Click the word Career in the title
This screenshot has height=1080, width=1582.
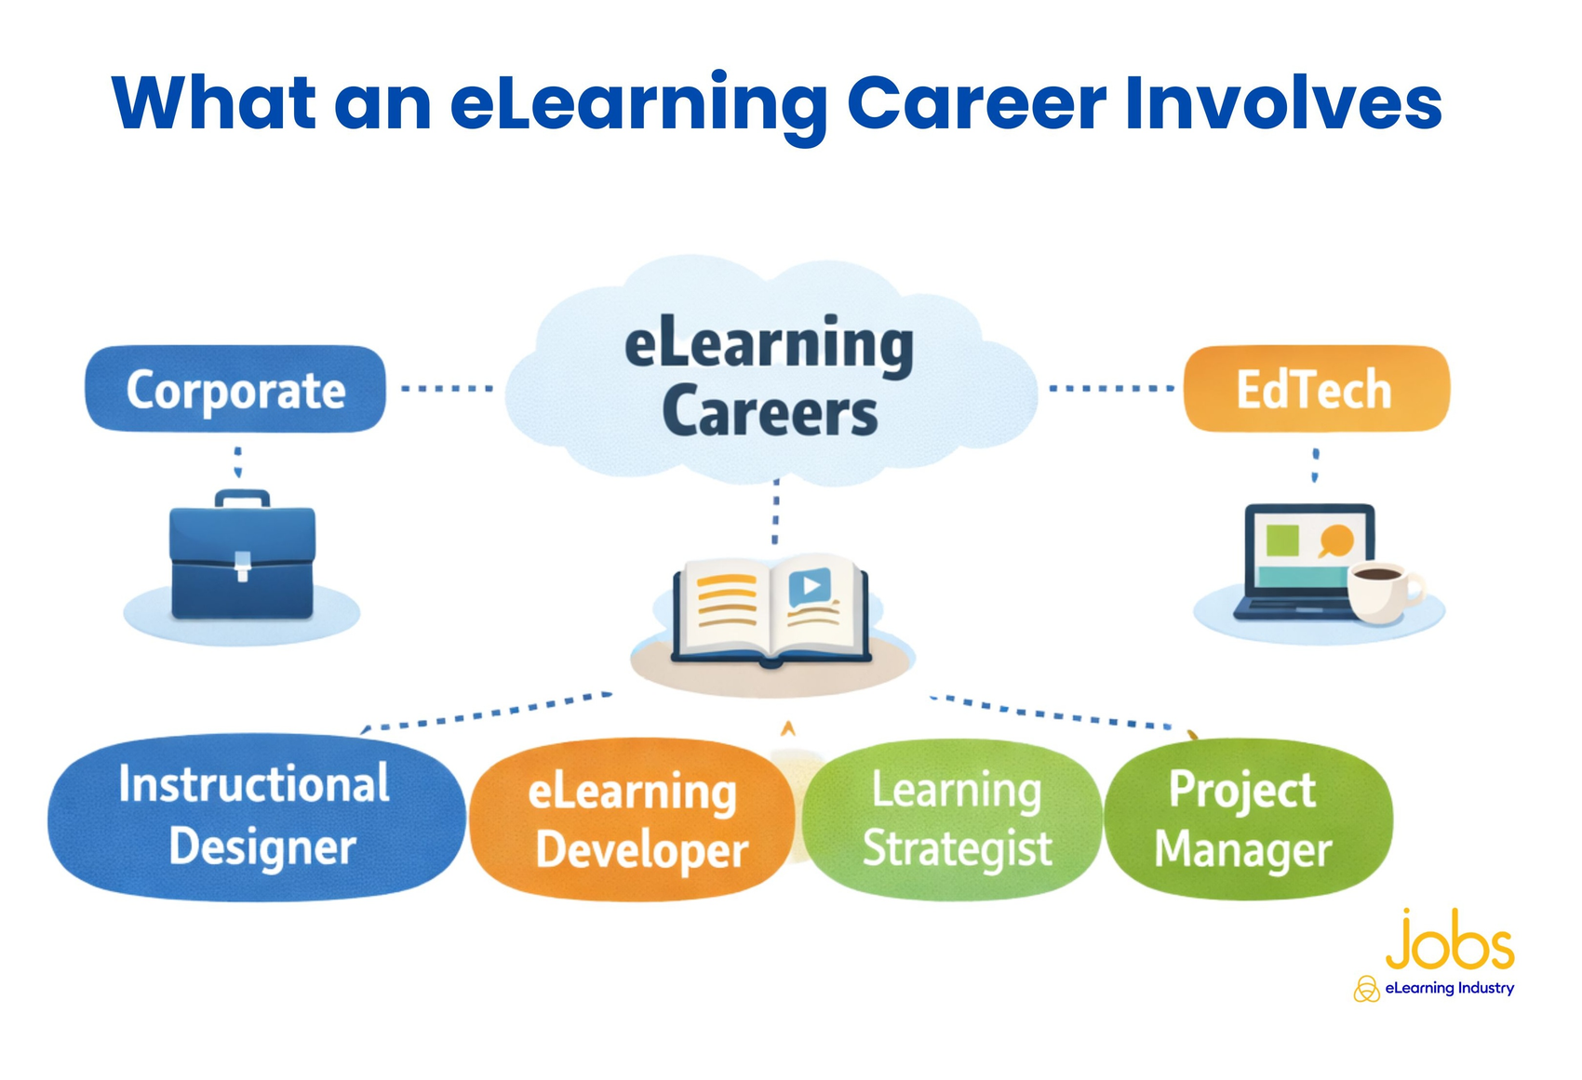click(x=977, y=103)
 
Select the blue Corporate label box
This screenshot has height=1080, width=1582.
click(x=235, y=388)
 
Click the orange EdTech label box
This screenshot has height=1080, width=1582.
click(x=1317, y=388)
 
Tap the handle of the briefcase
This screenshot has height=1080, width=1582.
click(x=242, y=499)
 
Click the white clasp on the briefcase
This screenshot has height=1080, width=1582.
click(x=243, y=566)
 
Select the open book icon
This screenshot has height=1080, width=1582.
click(x=771, y=610)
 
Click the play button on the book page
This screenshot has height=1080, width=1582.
click(x=810, y=587)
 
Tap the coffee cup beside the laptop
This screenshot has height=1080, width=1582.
click(x=1385, y=593)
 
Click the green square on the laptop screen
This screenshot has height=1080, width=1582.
click(x=1282, y=540)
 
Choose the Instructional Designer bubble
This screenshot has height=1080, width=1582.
click(x=256, y=818)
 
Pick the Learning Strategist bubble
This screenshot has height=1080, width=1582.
click(x=953, y=820)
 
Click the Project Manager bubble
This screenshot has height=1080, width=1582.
click(x=1249, y=819)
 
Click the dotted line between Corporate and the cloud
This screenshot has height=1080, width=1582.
click(x=447, y=388)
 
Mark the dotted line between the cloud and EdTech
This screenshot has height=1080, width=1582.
click(x=1112, y=388)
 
